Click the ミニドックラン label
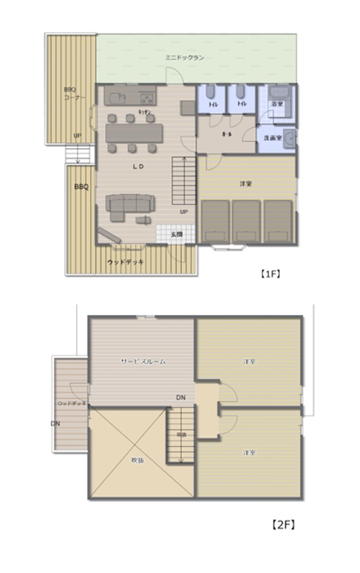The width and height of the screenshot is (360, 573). click(185, 57)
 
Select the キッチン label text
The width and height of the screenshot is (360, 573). click(145, 111)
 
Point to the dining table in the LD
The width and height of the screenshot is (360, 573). click(134, 133)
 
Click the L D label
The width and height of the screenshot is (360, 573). click(138, 167)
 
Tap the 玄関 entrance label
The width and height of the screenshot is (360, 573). click(176, 234)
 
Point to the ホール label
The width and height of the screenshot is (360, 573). click(228, 133)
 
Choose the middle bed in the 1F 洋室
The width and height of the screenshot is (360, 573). click(246, 221)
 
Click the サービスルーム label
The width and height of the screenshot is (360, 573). click(143, 361)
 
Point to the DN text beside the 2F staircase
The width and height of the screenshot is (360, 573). click(181, 398)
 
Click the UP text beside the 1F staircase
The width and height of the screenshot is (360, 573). click(184, 212)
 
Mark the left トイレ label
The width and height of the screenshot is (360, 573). click(213, 104)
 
